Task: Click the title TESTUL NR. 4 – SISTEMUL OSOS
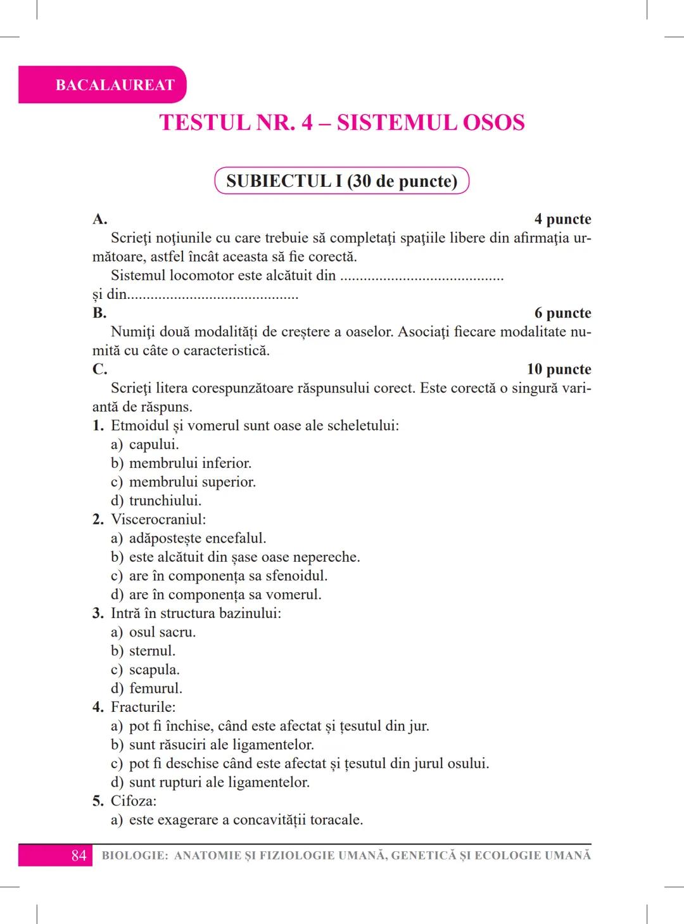click(x=342, y=122)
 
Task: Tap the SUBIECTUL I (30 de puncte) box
click(x=342, y=181)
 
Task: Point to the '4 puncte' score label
click(x=562, y=219)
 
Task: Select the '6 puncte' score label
click(x=562, y=313)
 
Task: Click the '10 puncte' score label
click(x=559, y=369)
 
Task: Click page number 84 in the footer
click(x=79, y=856)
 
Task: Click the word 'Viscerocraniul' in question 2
click(x=158, y=520)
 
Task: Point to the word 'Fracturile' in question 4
click(x=142, y=707)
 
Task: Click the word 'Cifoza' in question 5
click(x=133, y=801)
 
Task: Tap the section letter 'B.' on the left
click(x=99, y=313)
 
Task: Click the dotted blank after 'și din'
click(x=213, y=295)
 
